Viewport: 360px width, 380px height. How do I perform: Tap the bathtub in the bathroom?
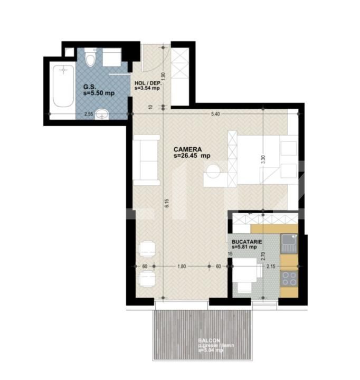[63, 85]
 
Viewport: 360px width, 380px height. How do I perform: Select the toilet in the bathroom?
[90, 59]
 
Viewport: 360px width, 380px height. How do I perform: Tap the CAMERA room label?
[187, 149]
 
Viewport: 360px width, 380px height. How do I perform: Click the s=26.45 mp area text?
[192, 156]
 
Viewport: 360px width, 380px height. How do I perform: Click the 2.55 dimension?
[88, 113]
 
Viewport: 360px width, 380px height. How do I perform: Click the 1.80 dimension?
[182, 267]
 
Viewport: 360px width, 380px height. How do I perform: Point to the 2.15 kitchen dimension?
[271, 267]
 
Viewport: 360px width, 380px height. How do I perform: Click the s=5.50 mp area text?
[99, 93]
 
